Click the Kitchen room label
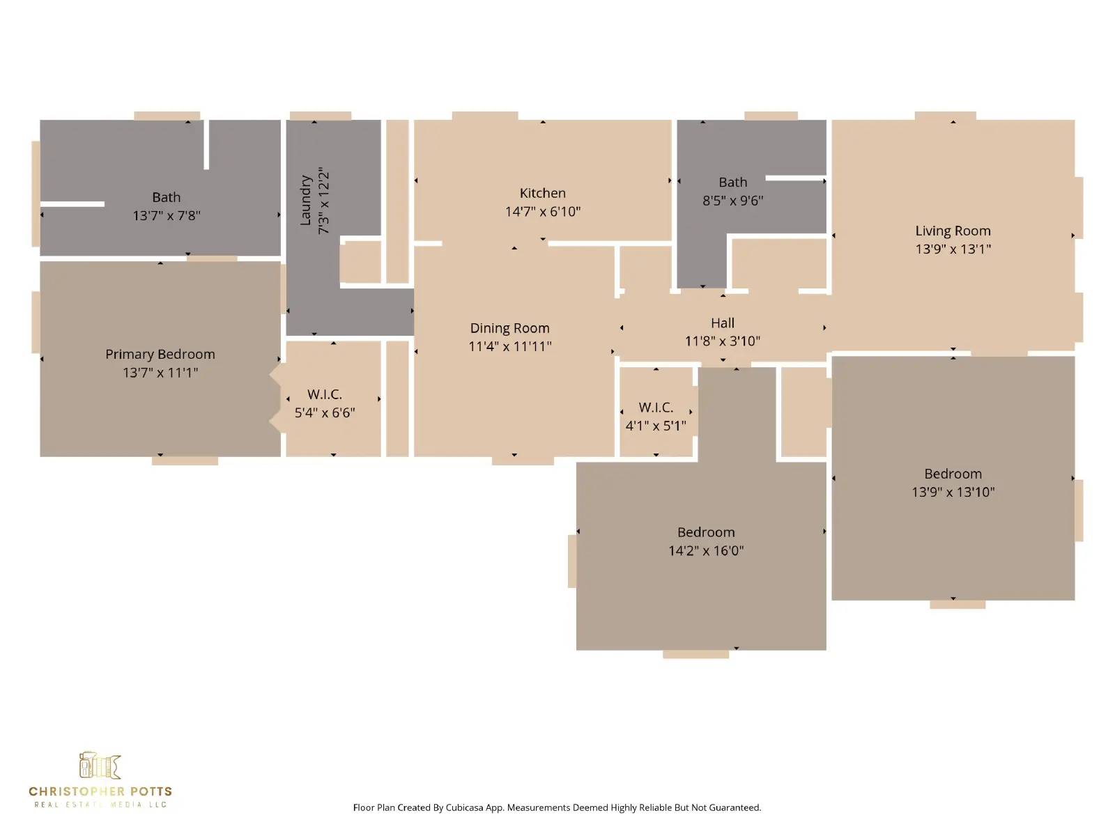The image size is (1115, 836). pyautogui.click(x=542, y=193)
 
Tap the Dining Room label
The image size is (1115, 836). pyautogui.click(x=509, y=328)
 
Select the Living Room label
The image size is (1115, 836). pyautogui.click(x=953, y=231)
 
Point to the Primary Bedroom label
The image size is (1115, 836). pyautogui.click(x=160, y=355)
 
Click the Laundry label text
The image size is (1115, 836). pyautogui.click(x=305, y=201)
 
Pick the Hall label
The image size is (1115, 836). pyautogui.click(x=723, y=323)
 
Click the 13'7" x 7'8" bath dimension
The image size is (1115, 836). pyautogui.click(x=167, y=216)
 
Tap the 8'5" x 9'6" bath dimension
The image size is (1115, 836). pyautogui.click(x=732, y=201)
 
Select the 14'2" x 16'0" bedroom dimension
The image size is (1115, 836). pyautogui.click(x=705, y=551)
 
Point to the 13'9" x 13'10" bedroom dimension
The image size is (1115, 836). pyautogui.click(x=953, y=492)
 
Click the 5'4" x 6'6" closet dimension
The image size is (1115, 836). pyautogui.click(x=325, y=412)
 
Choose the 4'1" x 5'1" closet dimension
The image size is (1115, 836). pyautogui.click(x=655, y=426)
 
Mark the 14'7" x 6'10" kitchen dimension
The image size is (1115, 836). pyautogui.click(x=542, y=212)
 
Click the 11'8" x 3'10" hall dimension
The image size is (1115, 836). pyautogui.click(x=723, y=341)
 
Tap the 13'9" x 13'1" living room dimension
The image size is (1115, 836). pyautogui.click(x=953, y=249)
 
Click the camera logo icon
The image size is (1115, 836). pyautogui.click(x=100, y=766)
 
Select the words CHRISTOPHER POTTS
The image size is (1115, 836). pyautogui.click(x=100, y=791)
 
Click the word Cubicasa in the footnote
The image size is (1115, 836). pyautogui.click(x=464, y=807)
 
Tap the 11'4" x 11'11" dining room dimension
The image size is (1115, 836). pyautogui.click(x=509, y=347)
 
